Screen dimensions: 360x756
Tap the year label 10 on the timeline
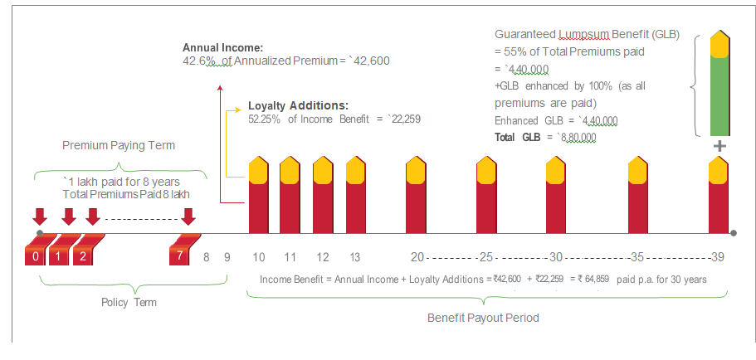coord(259,256)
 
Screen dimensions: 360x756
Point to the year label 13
coord(355,256)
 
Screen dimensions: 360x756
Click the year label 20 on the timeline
coord(417,256)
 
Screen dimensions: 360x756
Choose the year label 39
coord(719,256)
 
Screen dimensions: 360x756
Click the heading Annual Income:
coord(222,47)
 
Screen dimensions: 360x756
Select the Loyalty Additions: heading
coord(298,106)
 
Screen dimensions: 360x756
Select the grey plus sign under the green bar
coord(719,146)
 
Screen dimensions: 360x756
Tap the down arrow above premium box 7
coord(188,216)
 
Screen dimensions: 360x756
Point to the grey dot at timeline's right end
coord(734,233)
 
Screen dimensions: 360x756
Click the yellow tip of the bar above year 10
coord(259,168)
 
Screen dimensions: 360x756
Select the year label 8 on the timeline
coord(207,256)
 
